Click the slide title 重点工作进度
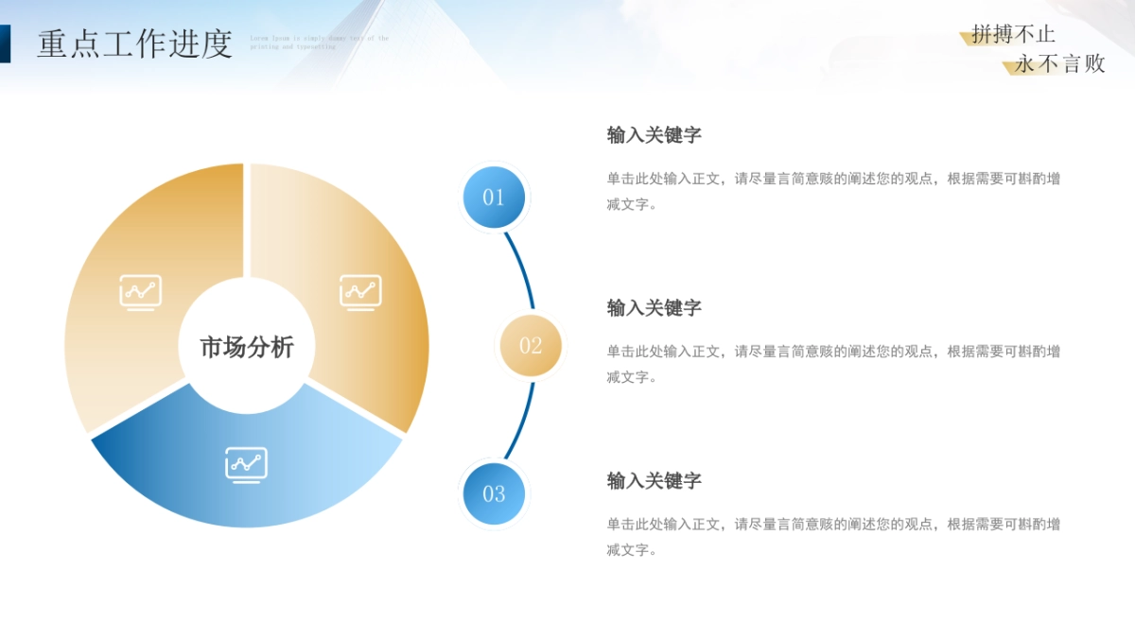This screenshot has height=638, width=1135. tap(134, 43)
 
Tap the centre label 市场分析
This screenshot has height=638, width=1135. tap(246, 347)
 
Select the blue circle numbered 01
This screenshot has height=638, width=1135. tap(494, 198)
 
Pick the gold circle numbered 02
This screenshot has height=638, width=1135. tap(531, 346)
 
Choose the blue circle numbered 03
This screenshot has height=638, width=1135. tap(494, 493)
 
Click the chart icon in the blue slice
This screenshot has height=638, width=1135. tap(246, 464)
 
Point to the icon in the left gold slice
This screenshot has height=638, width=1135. tap(140, 292)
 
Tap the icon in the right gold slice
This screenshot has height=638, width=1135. tap(360, 292)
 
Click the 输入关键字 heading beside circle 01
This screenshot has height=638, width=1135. tap(654, 135)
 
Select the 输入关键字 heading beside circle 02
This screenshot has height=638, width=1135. tap(654, 308)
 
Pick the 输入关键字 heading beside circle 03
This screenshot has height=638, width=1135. tap(654, 481)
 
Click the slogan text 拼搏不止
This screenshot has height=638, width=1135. tap(1013, 35)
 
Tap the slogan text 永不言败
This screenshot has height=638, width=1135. tap(1059, 64)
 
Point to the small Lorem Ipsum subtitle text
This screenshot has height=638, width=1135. tap(319, 42)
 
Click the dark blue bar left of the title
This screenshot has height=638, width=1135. tap(5, 43)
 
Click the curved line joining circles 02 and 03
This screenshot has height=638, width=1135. tap(523, 424)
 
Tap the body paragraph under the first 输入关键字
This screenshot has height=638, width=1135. tap(832, 191)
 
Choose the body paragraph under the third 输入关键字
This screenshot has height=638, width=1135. tap(832, 537)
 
